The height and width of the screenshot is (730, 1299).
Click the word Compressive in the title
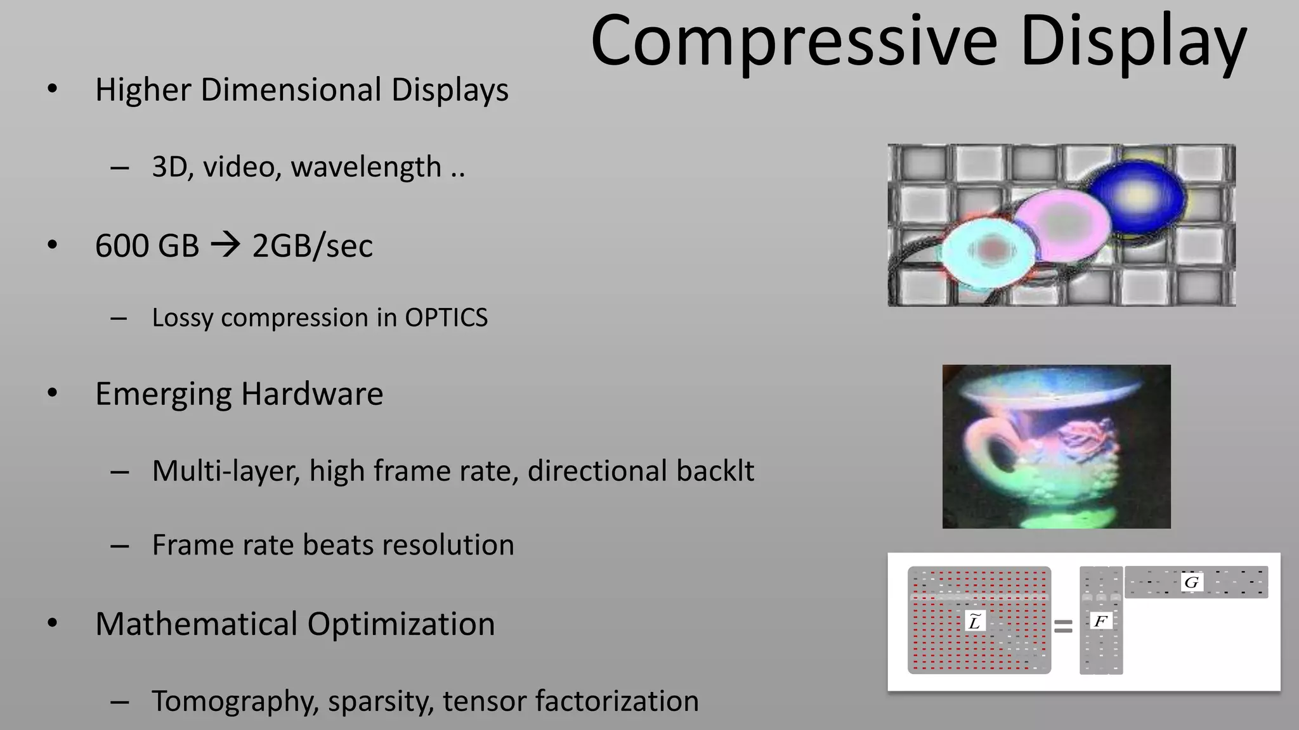(x=794, y=42)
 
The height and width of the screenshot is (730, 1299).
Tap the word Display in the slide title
(x=1133, y=42)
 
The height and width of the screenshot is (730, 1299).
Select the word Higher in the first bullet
(x=143, y=90)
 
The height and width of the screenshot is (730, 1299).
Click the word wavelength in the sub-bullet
(x=366, y=167)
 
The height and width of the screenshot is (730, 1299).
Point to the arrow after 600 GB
(x=226, y=245)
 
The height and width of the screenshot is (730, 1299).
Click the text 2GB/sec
(x=312, y=246)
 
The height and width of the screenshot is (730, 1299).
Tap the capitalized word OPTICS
(x=446, y=317)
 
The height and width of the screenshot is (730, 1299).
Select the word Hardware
(x=311, y=394)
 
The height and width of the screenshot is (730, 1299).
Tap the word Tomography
(x=235, y=701)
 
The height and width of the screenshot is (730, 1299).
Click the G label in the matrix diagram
(x=1191, y=582)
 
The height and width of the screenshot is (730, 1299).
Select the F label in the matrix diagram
(x=1100, y=621)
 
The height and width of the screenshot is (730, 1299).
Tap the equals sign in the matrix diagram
(x=1063, y=627)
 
